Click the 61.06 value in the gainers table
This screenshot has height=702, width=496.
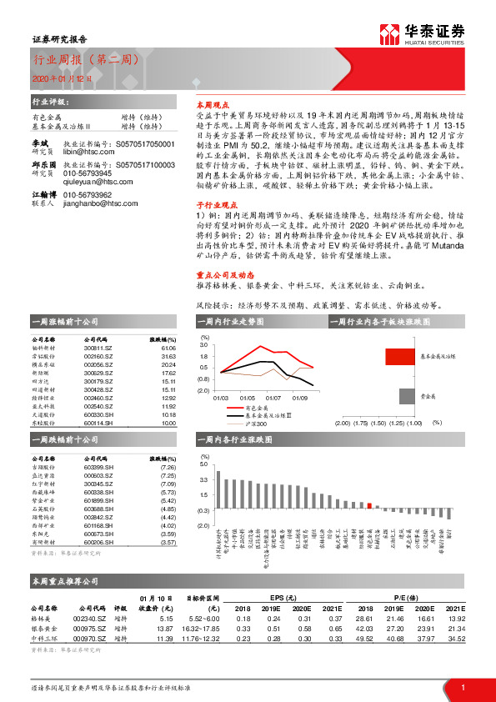point(168,348)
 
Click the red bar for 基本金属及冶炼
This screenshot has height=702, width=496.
point(399,356)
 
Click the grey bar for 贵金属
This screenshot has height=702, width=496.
point(406,395)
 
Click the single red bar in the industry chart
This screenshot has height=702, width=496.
point(368,504)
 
